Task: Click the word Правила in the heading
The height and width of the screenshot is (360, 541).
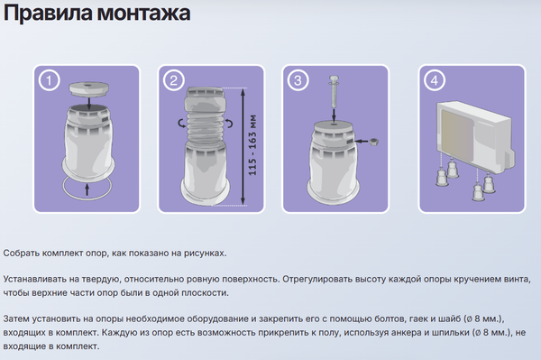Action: tap(43, 16)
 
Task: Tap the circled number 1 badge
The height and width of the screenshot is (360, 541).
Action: tap(50, 81)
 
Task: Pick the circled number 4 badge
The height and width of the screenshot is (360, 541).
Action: tap(436, 81)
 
